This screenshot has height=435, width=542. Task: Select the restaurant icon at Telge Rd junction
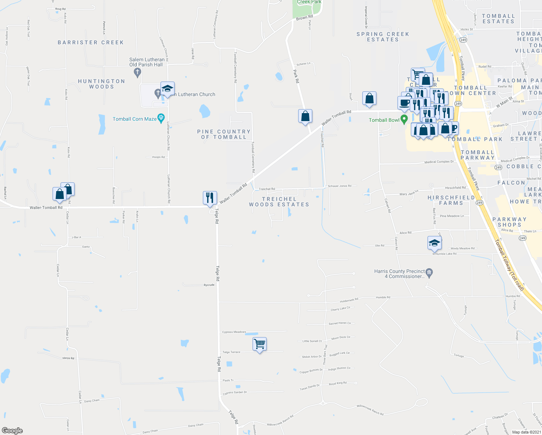210,198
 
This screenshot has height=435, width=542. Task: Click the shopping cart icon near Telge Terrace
259,344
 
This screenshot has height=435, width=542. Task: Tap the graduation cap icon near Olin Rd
434,243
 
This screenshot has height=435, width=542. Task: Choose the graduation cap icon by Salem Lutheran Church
167,88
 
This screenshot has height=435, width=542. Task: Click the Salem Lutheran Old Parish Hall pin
137,72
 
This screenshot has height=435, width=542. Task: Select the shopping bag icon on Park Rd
305,116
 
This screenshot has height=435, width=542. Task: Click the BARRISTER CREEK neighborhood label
91,42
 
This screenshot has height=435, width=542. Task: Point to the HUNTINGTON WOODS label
101,84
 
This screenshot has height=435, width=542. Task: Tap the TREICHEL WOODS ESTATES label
279,202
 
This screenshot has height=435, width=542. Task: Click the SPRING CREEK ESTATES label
383,37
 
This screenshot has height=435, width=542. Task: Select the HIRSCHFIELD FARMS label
451,200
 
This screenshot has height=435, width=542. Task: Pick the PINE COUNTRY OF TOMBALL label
224,134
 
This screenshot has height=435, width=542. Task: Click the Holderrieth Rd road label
349,300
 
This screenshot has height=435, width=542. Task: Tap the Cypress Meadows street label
234,332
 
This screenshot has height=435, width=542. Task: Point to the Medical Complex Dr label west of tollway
439,162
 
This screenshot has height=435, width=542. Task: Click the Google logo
12,431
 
